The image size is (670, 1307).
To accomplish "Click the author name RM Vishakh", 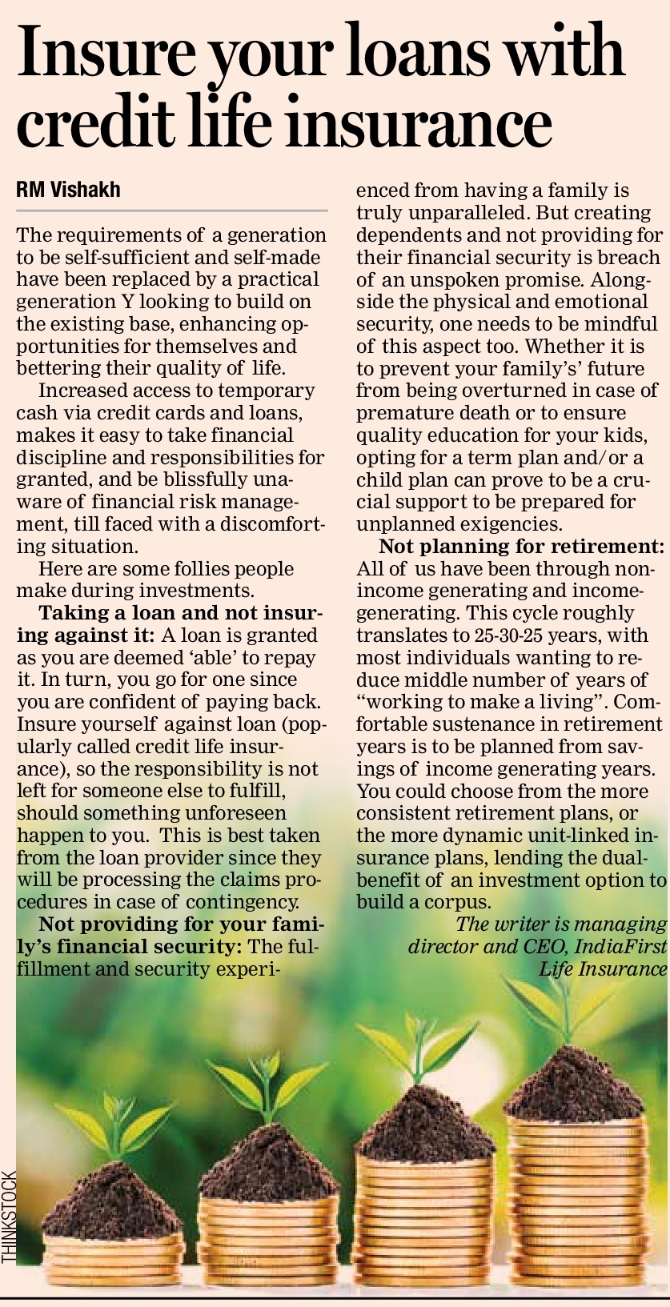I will pyautogui.click(x=68, y=190).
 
